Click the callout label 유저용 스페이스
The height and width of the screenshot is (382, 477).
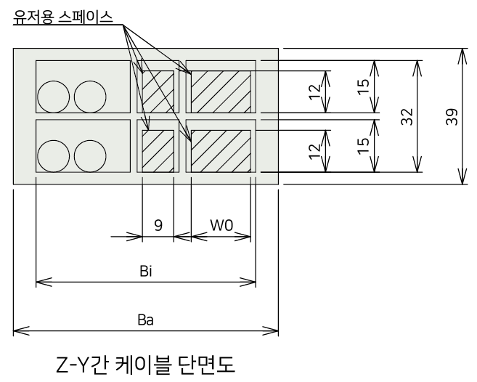tap(63, 17)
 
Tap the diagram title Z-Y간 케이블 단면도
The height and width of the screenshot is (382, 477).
tap(146, 365)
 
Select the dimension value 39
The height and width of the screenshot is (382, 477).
tap(452, 117)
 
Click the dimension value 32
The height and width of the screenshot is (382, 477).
tap(407, 117)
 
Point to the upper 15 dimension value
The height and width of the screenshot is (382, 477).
tap(363, 87)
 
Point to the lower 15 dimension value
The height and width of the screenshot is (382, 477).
tap(363, 146)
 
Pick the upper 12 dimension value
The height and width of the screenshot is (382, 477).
tap(314, 92)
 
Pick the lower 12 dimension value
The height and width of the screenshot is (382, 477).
tap(314, 151)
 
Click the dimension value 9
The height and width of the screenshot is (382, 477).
tap(158, 226)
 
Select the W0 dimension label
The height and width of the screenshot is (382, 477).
tap(221, 226)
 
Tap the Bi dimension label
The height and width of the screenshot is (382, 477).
tap(146, 271)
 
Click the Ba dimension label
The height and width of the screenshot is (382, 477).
tap(145, 320)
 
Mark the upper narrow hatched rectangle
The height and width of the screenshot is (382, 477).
tap(158, 92)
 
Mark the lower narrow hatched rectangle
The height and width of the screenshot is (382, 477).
tap(158, 151)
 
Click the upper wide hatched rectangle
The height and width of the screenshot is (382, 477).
tap(221, 92)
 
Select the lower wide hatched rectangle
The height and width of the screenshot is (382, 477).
tap(221, 151)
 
